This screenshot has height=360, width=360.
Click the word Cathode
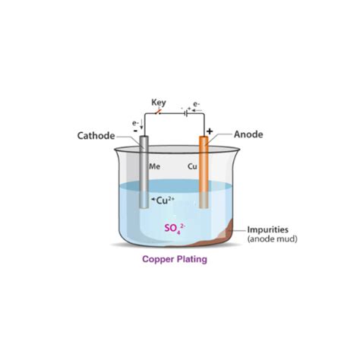[96, 136]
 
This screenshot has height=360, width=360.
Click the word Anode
[248, 134]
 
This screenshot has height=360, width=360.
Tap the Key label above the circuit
[159, 103]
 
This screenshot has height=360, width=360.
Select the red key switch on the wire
[158, 112]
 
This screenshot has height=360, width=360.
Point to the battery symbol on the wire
[186, 113]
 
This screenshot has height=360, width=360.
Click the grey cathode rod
[144, 172]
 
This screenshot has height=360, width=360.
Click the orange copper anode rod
[204, 172]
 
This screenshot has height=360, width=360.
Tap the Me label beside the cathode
[154, 166]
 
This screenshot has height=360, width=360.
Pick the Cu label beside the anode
[192, 166]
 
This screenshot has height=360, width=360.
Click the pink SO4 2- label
[175, 229]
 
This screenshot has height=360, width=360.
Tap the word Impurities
[268, 229]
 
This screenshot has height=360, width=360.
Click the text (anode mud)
[273, 238]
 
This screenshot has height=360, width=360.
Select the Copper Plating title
[175, 259]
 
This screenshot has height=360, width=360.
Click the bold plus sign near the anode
[210, 131]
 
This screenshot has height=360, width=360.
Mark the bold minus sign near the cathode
[136, 131]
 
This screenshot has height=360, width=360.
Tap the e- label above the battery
[197, 104]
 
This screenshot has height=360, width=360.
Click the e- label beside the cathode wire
[135, 123]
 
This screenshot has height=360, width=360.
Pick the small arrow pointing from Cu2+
[153, 200]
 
